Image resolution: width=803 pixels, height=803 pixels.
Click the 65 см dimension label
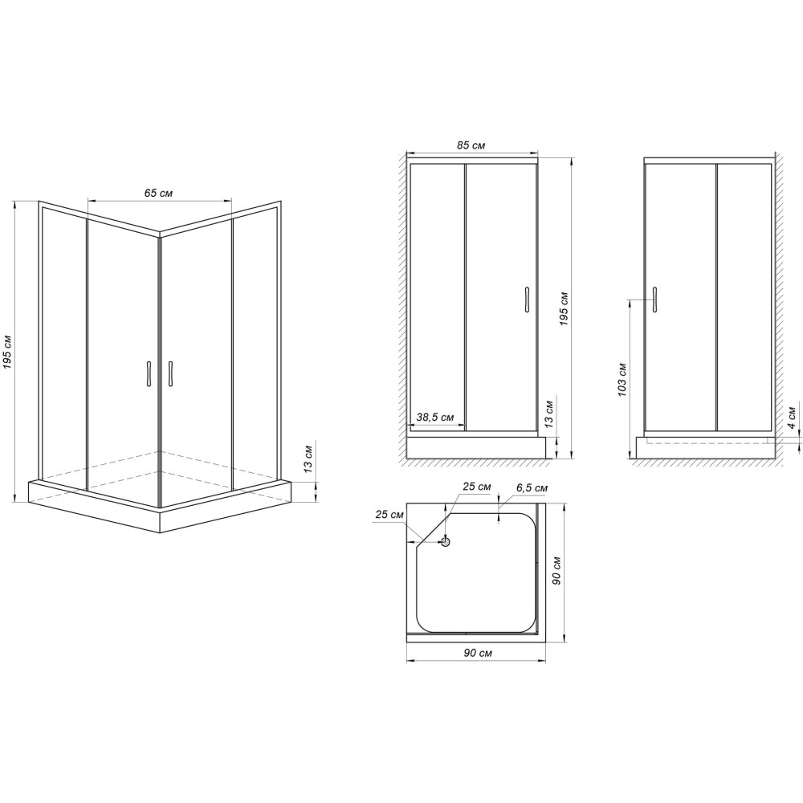[x=159, y=194]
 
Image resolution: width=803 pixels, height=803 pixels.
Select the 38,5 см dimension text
[x=435, y=418]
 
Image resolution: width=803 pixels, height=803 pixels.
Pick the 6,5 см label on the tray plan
[x=532, y=488]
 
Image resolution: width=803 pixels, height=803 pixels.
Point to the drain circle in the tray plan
[x=447, y=541]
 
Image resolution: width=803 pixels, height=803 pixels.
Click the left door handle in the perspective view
[x=149, y=374]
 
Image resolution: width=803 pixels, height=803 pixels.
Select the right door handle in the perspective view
[x=171, y=374]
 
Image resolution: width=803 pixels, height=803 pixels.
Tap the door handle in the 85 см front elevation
[x=526, y=298]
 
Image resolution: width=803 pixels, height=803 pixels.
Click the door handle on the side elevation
[x=655, y=298]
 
